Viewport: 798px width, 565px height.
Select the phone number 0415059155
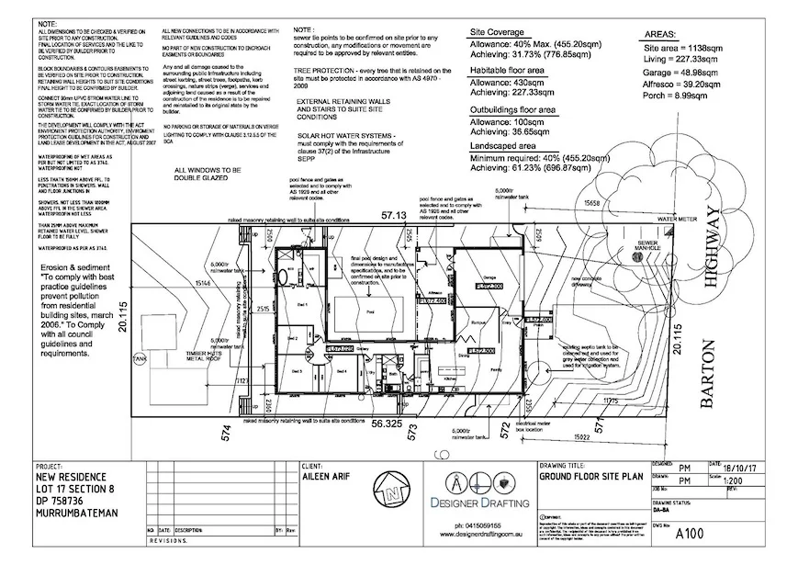tap(468, 525)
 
